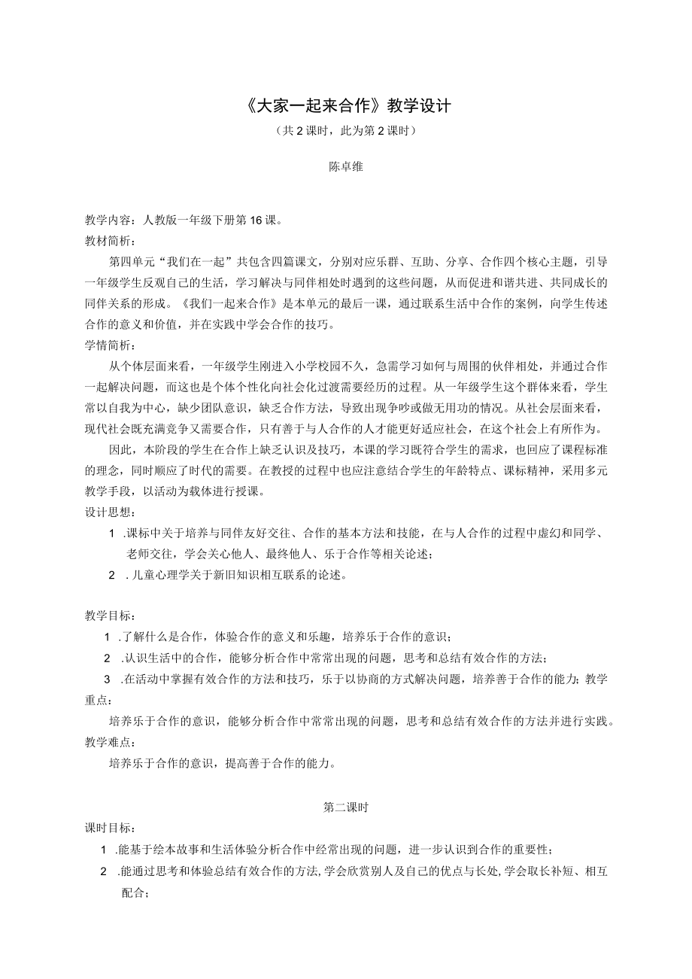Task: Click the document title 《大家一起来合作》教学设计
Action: point(347,105)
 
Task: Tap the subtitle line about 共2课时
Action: point(346,130)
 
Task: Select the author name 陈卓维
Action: point(346,167)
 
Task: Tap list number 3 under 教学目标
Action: point(107,679)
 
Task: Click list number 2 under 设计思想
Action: point(111,576)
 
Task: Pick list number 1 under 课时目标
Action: point(105,850)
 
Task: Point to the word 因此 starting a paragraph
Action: point(120,450)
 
